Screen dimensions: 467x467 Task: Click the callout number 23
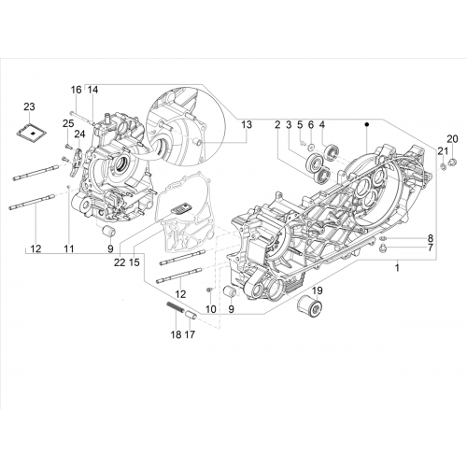pyautogui.click(x=29, y=106)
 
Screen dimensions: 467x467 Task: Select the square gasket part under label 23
pyautogui.click(x=32, y=133)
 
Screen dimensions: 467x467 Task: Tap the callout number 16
pyautogui.click(x=77, y=90)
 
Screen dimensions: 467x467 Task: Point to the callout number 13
pyautogui.click(x=247, y=124)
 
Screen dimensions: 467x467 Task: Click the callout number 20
pyautogui.click(x=453, y=139)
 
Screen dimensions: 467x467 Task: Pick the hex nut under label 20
pyautogui.click(x=453, y=162)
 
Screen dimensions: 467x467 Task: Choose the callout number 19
pyautogui.click(x=318, y=290)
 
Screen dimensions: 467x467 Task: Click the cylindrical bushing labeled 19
pyautogui.click(x=309, y=307)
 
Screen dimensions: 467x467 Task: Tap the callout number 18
pyautogui.click(x=176, y=334)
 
